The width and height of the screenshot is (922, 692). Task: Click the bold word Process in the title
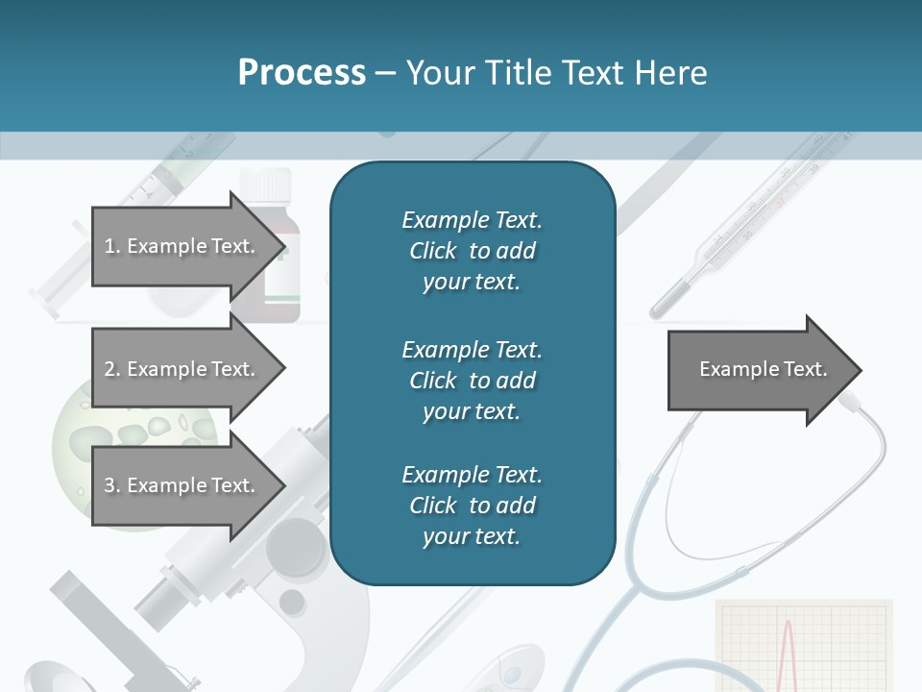pos(302,73)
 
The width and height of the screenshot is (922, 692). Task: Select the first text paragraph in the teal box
pos(472,251)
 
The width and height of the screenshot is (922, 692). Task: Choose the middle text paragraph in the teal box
pos(472,381)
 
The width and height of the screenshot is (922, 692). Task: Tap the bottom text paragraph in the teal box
pos(472,506)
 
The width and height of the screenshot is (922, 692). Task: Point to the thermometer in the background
pos(759,221)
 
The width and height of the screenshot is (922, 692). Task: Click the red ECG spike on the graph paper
pos(789,654)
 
